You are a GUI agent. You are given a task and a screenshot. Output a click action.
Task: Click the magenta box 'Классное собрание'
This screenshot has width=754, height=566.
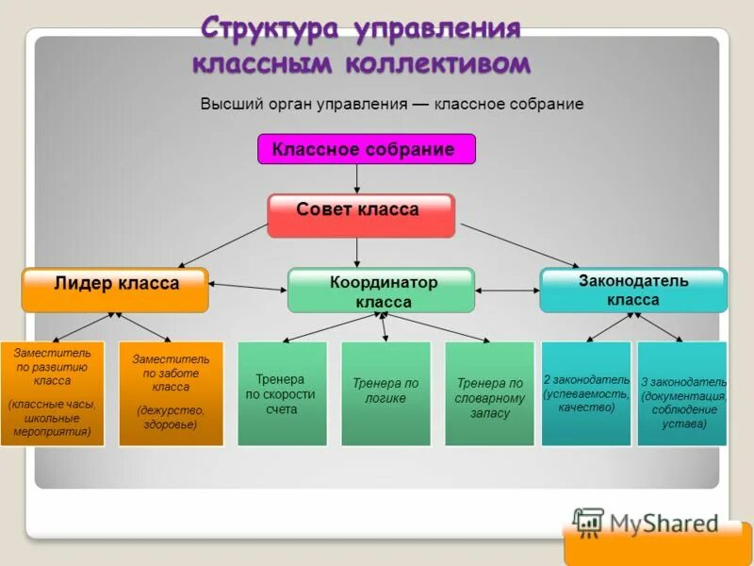(x=366, y=149)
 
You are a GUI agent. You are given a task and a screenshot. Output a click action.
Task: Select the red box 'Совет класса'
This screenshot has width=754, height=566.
(x=360, y=214)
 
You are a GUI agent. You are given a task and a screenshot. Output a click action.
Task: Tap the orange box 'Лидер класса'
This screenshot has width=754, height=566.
(x=115, y=289)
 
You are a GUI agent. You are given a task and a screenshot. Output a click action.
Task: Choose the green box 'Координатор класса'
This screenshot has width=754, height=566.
(x=381, y=291)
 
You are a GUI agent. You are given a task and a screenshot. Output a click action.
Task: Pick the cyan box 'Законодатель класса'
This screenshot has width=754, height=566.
(x=632, y=290)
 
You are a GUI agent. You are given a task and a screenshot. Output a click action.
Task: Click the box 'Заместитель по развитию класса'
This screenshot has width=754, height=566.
(x=51, y=392)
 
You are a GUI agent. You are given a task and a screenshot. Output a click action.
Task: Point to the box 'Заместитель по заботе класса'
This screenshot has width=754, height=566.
(x=171, y=392)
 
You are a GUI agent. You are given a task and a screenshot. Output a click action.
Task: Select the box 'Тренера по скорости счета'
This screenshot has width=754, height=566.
(x=282, y=392)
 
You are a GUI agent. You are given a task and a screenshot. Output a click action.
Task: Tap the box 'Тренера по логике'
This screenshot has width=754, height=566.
(x=385, y=392)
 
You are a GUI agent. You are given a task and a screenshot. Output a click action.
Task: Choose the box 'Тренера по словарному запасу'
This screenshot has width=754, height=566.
(x=489, y=392)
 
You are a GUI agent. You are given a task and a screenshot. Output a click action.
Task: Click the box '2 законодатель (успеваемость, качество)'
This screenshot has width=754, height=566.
(x=586, y=392)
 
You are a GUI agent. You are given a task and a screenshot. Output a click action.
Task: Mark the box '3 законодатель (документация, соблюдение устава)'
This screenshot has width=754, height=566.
(x=682, y=392)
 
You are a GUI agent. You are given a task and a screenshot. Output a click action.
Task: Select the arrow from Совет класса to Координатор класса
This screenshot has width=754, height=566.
(x=357, y=252)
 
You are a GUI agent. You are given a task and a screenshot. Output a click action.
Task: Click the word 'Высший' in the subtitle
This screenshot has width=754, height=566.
(x=230, y=104)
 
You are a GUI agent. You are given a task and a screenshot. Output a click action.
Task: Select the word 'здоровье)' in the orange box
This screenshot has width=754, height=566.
(x=171, y=424)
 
